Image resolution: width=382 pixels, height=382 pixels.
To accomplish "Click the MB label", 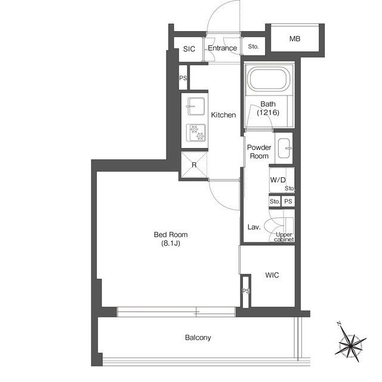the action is tap(295, 39).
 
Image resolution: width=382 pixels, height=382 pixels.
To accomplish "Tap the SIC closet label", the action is tap(189, 49).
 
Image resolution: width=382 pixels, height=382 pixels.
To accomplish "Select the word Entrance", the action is tap(222, 48).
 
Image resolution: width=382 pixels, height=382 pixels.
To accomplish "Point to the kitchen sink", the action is tap(195, 106).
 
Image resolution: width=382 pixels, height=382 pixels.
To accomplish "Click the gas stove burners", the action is tap(196, 133).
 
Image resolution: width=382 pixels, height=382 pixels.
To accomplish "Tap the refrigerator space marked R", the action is tap(194, 165).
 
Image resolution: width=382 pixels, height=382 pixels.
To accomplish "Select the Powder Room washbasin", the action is tap(285, 148).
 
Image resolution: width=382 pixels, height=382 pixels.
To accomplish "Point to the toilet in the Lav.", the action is tap(279, 226).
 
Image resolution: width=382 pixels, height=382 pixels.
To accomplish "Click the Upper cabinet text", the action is tap(284, 237).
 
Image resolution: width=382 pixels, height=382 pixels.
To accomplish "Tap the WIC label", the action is tap(272, 275).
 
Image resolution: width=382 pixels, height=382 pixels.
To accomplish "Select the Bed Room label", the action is tap(171, 235).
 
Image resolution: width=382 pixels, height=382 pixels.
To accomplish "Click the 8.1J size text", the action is tap(171, 243).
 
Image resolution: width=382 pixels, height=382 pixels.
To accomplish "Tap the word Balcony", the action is tap(198, 338).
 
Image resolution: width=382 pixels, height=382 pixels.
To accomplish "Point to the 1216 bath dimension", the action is tap(268, 113).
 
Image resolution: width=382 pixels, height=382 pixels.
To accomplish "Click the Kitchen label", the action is tap(223, 115).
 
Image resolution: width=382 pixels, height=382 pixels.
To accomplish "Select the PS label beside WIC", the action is tap(246, 291).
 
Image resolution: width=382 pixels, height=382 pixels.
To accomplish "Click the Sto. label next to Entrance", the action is tap(253, 47).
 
